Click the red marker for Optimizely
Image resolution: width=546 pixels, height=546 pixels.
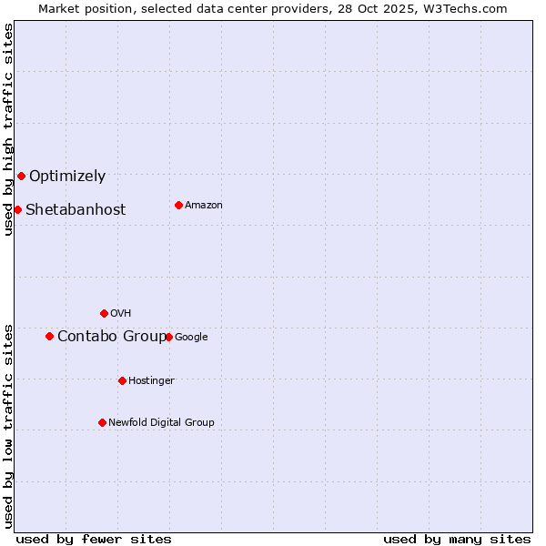pos(21,176)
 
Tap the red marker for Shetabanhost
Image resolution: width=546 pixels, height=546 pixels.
pos(17,209)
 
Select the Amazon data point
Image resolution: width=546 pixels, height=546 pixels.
pos(178,205)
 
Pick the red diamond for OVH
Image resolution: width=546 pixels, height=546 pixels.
pos(104,313)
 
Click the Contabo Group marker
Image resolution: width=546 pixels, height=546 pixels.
pos(49,336)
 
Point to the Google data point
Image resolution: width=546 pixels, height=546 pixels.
pos(168,337)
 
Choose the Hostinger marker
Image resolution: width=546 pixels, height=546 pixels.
pos(122,380)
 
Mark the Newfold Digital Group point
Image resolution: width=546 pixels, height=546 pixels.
pos(102,422)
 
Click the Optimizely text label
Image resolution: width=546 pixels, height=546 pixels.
pos(67,177)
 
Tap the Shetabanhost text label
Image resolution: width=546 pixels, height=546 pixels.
pos(76,210)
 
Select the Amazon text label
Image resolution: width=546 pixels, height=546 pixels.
pos(204,206)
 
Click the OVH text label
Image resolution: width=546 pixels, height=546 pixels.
pos(121,314)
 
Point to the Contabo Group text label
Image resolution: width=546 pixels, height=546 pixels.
pos(112,337)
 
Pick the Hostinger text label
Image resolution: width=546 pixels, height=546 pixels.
pos(151,380)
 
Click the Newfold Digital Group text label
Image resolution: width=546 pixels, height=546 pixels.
pos(161,422)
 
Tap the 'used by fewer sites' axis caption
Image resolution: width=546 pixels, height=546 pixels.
pos(94,539)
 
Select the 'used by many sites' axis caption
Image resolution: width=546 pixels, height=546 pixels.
pos(457,539)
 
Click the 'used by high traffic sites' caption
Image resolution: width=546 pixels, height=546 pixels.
pos(8,129)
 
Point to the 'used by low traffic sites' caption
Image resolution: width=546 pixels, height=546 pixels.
pos(8,426)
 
